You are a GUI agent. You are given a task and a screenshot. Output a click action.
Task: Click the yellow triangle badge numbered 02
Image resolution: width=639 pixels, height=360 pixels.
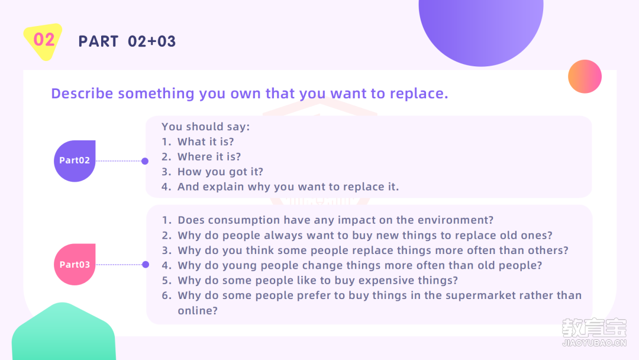point(43,41)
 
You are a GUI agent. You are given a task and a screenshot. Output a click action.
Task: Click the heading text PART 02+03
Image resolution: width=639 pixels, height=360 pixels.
point(127,41)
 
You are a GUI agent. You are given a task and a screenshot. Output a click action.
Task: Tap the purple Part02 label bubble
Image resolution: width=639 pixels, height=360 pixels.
point(75,161)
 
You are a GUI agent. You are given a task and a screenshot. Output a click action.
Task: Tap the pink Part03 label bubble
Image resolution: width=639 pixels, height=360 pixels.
point(75,264)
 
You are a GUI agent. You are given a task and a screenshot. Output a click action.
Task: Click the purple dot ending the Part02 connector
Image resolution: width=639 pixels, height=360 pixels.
point(145,161)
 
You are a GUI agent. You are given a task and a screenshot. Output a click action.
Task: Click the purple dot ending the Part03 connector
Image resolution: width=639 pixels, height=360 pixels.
point(146,265)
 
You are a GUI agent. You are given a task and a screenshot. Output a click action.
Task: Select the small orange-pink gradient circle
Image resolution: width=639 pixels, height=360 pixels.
point(585,76)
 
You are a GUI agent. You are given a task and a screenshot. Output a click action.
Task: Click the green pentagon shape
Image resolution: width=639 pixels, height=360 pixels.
point(63,332)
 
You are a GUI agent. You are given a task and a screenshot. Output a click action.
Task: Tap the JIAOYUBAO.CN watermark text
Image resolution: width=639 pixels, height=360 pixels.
point(594,343)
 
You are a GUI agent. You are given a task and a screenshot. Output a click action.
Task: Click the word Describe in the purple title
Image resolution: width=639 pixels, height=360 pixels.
point(82,94)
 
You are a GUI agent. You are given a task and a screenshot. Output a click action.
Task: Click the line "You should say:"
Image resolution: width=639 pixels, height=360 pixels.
point(206,127)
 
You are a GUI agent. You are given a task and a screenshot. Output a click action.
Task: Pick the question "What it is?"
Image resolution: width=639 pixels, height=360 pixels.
point(206,142)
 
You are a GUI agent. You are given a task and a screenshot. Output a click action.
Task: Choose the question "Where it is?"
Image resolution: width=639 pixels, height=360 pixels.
point(209,156)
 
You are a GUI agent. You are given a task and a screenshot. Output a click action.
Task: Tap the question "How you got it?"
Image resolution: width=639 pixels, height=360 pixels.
point(221,172)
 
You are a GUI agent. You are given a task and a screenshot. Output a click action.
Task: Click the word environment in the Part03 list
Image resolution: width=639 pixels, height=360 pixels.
point(453,220)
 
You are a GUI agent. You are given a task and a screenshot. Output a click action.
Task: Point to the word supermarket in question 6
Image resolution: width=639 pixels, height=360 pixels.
point(481,295)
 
